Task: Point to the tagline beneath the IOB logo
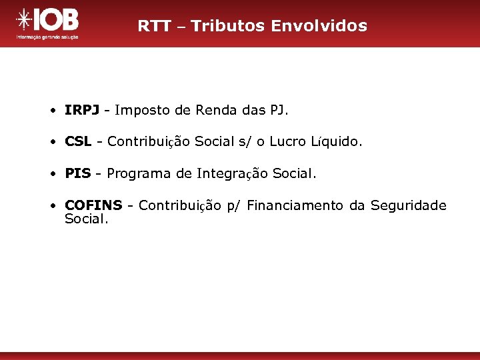point(47,38)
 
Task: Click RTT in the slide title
point(153,26)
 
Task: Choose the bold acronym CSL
point(77,141)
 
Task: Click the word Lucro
point(288,141)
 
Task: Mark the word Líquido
point(337,141)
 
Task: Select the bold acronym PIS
point(77,173)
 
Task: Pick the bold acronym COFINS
point(93,205)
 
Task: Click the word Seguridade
point(408,205)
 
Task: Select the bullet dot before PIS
point(52,174)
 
